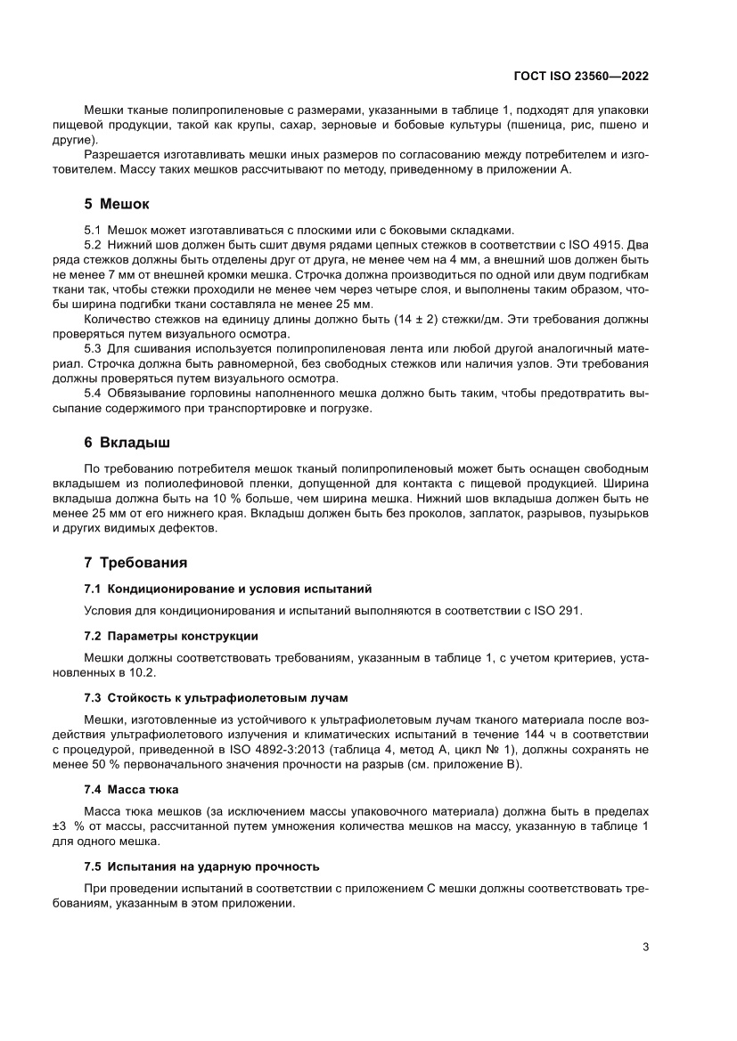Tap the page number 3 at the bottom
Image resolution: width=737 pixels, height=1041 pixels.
[x=645, y=947]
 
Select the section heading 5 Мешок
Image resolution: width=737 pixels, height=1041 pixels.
[x=117, y=203]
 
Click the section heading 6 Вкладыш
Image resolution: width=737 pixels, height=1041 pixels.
[x=127, y=442]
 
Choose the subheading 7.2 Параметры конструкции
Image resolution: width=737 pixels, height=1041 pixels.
[x=171, y=636]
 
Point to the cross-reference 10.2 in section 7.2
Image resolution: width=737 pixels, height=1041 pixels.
[x=133, y=674]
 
